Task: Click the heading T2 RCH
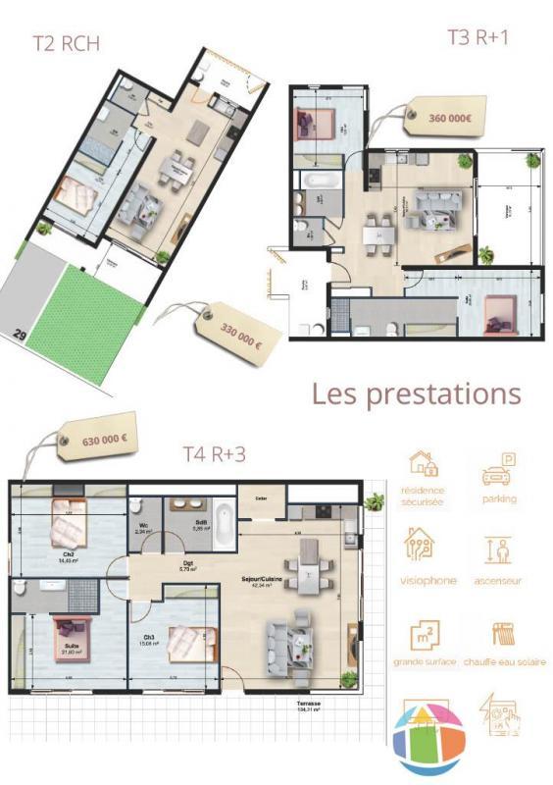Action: [x=66, y=42]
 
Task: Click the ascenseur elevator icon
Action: [x=499, y=549]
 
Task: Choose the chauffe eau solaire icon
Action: [x=504, y=633]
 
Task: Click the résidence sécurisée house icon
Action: [x=422, y=463]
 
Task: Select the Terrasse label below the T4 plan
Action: [x=311, y=704]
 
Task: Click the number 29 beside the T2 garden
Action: [x=19, y=335]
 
